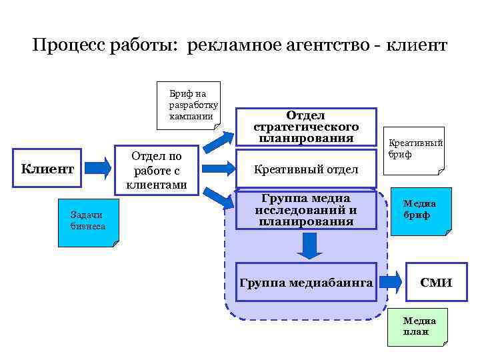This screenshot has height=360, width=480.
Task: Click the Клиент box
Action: pyautogui.click(x=47, y=169)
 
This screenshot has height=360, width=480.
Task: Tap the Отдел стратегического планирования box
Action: pyautogui.click(x=306, y=127)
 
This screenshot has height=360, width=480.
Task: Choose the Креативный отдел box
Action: pyautogui.click(x=306, y=170)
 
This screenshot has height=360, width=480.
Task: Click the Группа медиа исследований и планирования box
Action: pyautogui.click(x=306, y=210)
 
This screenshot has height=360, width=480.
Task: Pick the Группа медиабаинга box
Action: pyautogui.click(x=306, y=282)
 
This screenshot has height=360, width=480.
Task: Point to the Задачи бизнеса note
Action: pyautogui.click(x=87, y=222)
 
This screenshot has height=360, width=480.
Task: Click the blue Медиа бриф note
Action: pyautogui.click(x=419, y=210)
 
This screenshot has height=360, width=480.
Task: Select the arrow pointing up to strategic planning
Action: pyautogui.click(x=218, y=138)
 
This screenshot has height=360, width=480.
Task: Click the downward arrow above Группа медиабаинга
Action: pyautogui.click(x=309, y=246)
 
